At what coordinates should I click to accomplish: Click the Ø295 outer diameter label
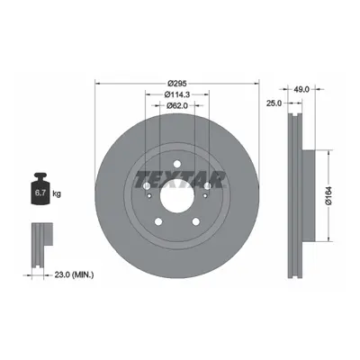(177, 83)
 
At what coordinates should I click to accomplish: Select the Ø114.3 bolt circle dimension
(177, 94)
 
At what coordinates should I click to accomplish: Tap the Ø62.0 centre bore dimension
(177, 105)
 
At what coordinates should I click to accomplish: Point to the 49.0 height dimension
(301, 89)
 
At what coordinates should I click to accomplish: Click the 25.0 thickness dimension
(274, 103)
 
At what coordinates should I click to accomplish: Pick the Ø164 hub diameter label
(328, 195)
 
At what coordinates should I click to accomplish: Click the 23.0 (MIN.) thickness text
(74, 274)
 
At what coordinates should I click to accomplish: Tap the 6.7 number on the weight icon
(40, 193)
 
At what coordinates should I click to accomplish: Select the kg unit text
(57, 193)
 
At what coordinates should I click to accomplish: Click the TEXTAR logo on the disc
(179, 180)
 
